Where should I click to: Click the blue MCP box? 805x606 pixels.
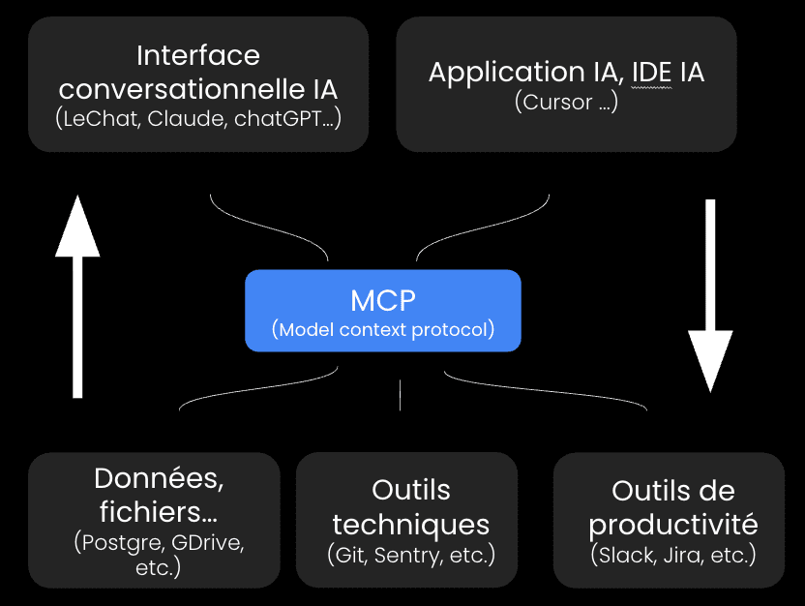tap(382, 310)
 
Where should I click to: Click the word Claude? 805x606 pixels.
tap(186, 120)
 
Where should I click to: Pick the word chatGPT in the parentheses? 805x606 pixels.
tap(274, 120)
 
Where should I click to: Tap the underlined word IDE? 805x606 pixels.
tap(650, 72)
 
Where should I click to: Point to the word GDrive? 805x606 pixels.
tap(210, 542)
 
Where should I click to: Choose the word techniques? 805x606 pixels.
tap(410, 525)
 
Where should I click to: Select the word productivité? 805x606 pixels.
tap(672, 525)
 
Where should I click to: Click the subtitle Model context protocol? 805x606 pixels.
tap(383, 329)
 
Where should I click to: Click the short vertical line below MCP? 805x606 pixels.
tap(400, 394)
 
